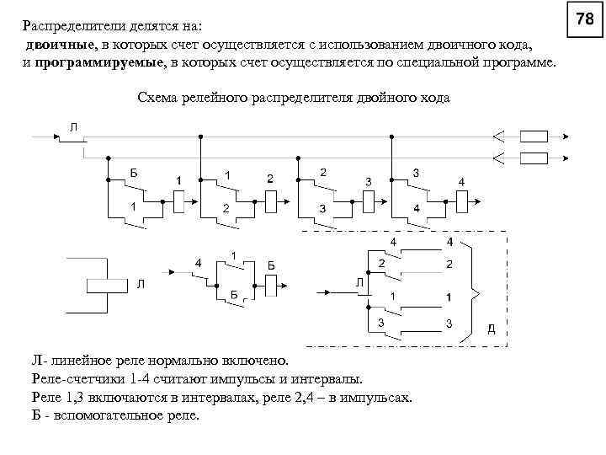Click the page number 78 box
point(587,19)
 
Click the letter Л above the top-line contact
point(74,126)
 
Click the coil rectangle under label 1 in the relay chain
point(178,200)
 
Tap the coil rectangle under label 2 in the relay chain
point(271,200)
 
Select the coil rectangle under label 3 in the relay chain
point(368,200)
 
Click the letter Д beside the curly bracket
point(492,328)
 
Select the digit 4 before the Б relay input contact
point(198,262)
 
